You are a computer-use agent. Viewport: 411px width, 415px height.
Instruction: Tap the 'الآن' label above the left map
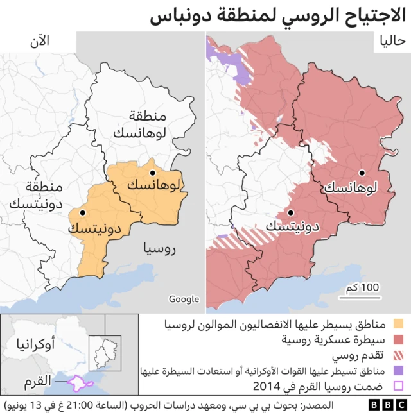tap(39, 41)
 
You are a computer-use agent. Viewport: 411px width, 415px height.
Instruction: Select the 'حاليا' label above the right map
tap(392, 41)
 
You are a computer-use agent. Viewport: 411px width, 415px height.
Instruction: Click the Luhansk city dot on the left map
tap(153, 173)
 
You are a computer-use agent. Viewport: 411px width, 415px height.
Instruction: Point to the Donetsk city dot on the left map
tap(82, 212)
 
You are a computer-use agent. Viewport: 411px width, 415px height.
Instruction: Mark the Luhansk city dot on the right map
tap(362, 173)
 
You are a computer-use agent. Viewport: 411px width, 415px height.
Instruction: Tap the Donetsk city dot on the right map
tap(291, 212)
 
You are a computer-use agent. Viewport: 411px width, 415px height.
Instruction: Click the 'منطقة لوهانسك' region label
tap(140, 124)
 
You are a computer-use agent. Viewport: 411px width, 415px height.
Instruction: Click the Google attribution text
tap(184, 299)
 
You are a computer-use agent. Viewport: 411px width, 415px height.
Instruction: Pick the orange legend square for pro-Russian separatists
tap(398, 323)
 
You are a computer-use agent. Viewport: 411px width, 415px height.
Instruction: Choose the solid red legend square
tap(398, 339)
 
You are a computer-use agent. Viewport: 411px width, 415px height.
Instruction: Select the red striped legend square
tap(398, 355)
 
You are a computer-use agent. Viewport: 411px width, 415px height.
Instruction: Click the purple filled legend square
tap(398, 371)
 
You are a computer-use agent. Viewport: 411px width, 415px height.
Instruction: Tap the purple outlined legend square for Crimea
tap(398, 387)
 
